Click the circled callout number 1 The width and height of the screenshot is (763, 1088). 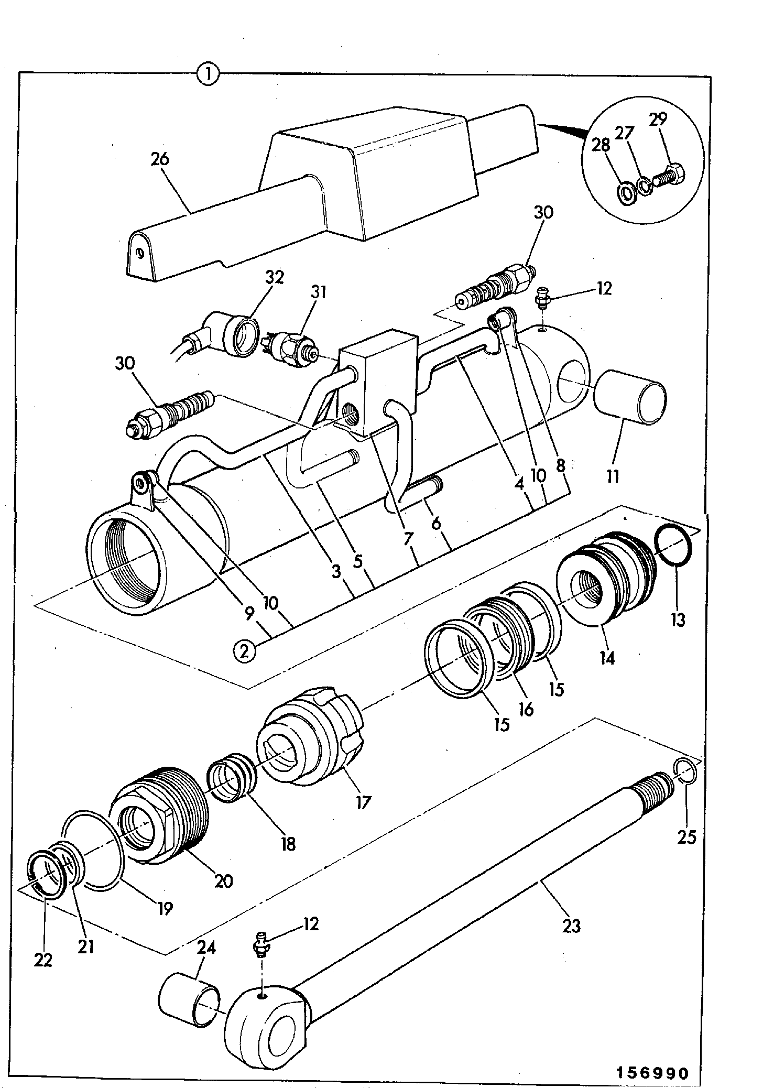tap(208, 74)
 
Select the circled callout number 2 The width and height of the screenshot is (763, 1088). tap(245, 651)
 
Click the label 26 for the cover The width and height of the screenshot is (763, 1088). tap(160, 159)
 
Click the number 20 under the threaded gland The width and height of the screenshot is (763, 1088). tap(223, 881)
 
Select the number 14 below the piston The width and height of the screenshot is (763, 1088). tap(607, 658)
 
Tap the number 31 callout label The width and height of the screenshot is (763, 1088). tap(318, 291)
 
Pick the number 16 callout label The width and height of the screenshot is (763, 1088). tap(526, 709)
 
